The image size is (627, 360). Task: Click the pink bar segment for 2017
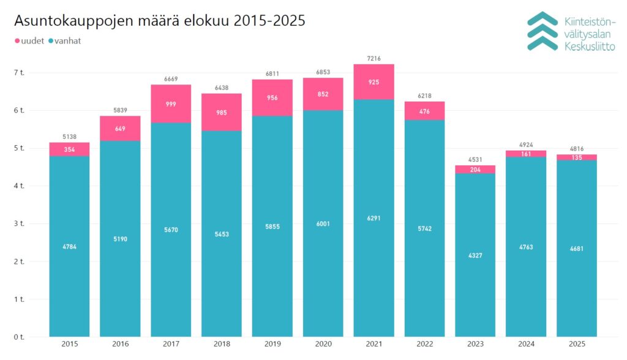[x=171, y=103]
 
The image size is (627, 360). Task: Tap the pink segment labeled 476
[x=424, y=111]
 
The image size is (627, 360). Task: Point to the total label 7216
[x=374, y=58]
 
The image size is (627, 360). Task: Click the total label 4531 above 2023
[x=475, y=160]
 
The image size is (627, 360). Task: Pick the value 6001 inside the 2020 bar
[x=323, y=223]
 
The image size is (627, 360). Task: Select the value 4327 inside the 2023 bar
[x=475, y=255]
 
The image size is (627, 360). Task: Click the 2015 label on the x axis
[x=69, y=344]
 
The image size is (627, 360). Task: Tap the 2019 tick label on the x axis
[x=272, y=344]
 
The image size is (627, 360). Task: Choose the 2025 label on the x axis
[x=576, y=344]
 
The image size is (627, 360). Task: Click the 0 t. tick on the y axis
[x=20, y=337]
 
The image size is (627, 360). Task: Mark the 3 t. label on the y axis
[x=20, y=223]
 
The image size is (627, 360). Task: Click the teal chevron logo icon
[x=543, y=31]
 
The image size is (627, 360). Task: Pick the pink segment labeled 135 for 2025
[x=576, y=157]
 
